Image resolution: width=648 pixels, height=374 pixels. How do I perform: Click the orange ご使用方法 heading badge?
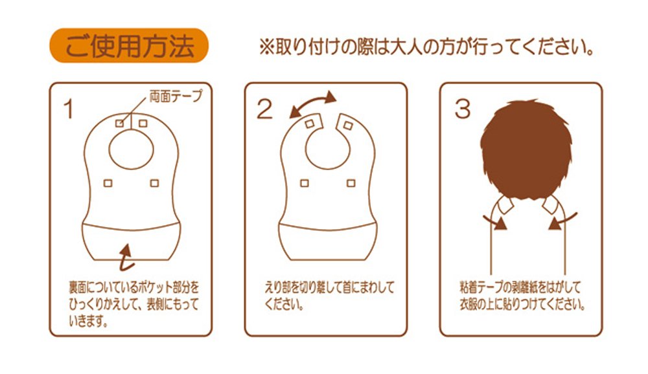tap(129, 45)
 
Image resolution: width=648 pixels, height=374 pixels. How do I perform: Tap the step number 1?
tap(68, 109)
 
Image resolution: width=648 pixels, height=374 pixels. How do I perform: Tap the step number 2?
tap(264, 109)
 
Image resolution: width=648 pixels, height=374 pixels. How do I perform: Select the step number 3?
tap(463, 109)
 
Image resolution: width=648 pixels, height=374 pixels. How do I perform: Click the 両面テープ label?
tap(176, 96)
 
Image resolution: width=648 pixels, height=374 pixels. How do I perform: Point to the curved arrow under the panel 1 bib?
tap(126, 258)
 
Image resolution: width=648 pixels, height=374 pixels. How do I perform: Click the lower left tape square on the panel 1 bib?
tap(108, 183)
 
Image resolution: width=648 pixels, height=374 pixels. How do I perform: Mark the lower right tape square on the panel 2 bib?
tap(351, 183)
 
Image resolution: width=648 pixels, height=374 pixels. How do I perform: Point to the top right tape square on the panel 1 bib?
tap(143, 123)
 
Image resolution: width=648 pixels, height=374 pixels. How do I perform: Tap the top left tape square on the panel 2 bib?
tap(309, 124)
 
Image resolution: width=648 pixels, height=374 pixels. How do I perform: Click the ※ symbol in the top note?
tap(266, 47)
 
